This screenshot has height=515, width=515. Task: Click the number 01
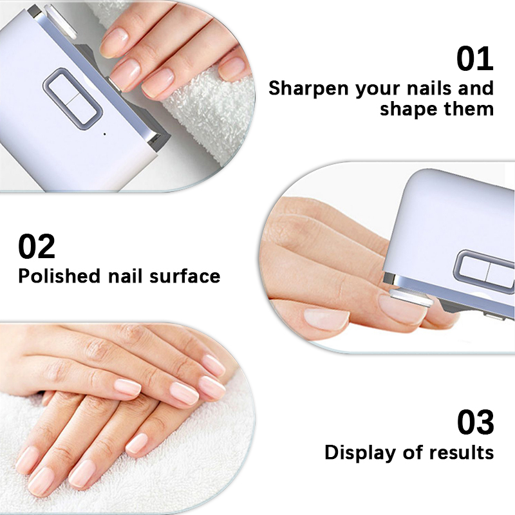(475, 59)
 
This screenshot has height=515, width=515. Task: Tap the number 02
(37, 247)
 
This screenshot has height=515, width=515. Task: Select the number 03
(475, 423)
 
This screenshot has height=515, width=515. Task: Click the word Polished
(59, 276)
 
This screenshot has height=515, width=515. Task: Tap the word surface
(185, 276)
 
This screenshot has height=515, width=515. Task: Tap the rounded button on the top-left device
(71, 97)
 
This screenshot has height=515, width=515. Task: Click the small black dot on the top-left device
(104, 134)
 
